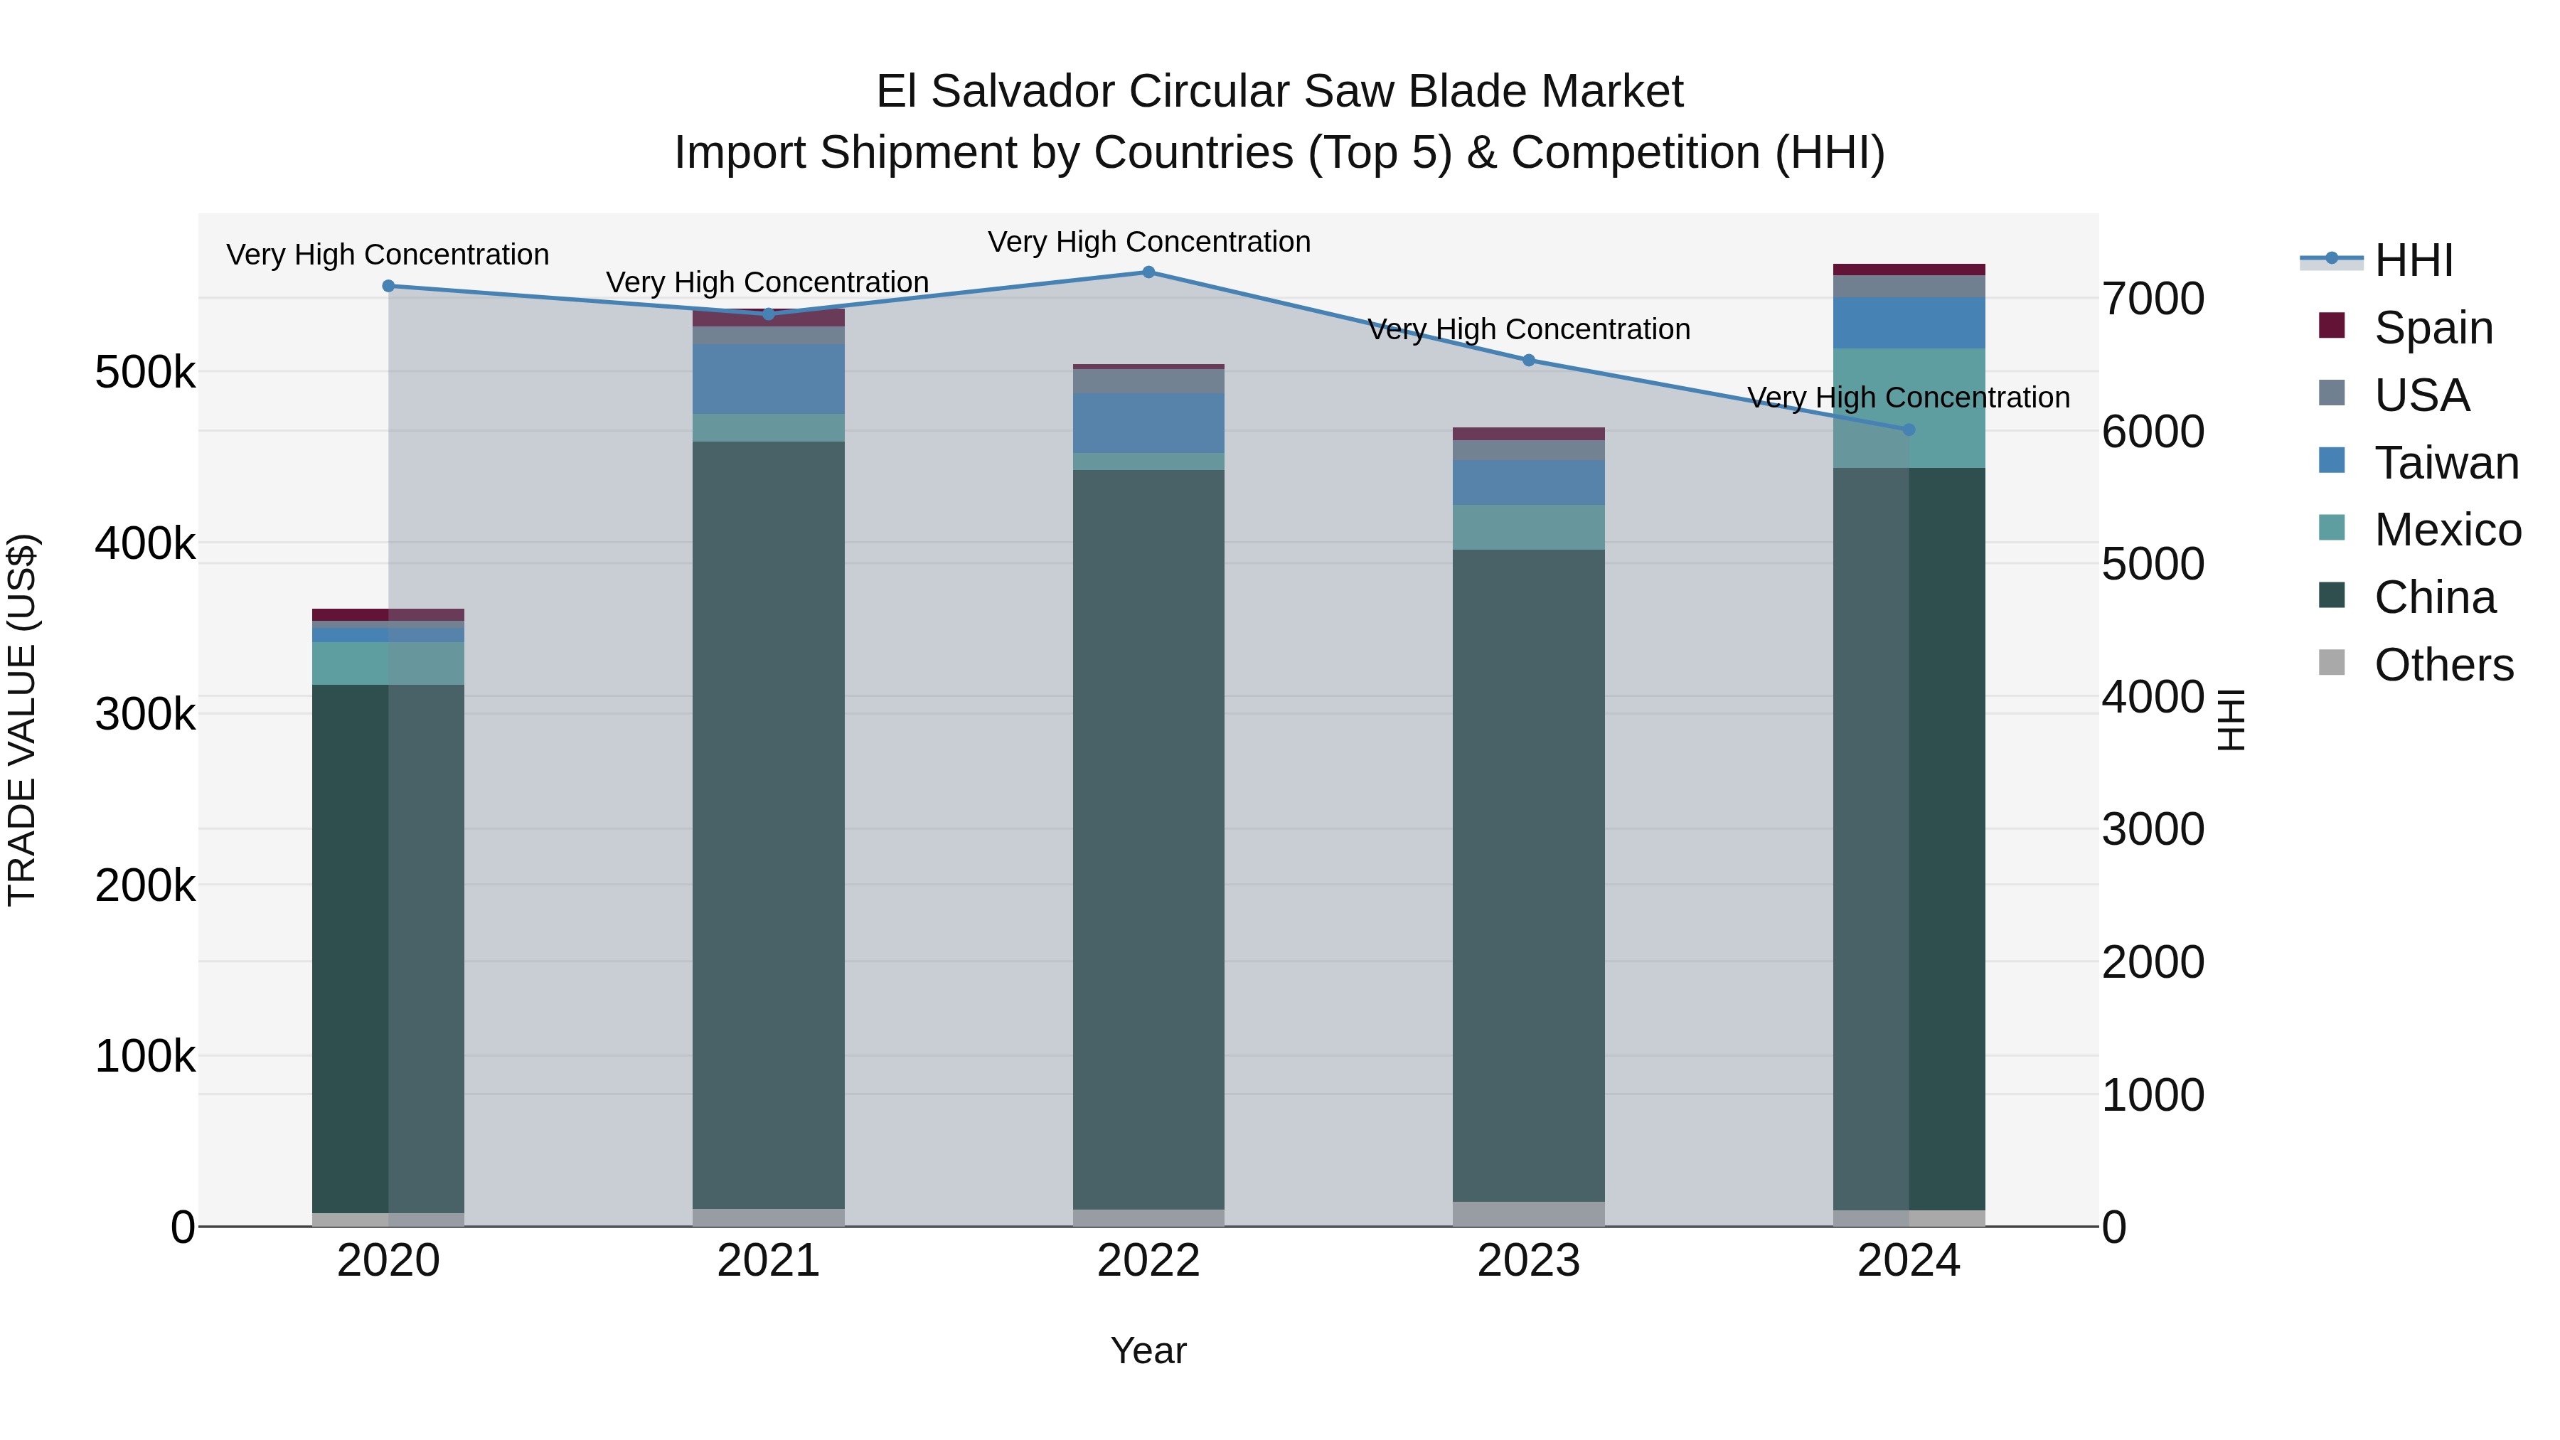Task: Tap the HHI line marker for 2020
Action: click(x=388, y=286)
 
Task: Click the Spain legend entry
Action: click(x=2432, y=328)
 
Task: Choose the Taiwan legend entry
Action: click(x=2445, y=463)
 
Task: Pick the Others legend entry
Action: click(x=2442, y=665)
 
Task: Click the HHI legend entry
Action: click(x=2412, y=260)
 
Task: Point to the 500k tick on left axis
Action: click(x=145, y=373)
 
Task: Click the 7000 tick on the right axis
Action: click(x=2153, y=299)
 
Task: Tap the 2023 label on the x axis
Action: click(x=1527, y=1261)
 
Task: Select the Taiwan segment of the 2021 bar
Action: click(x=768, y=378)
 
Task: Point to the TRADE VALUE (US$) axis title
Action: click(x=23, y=720)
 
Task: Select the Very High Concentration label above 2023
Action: click(x=1527, y=329)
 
